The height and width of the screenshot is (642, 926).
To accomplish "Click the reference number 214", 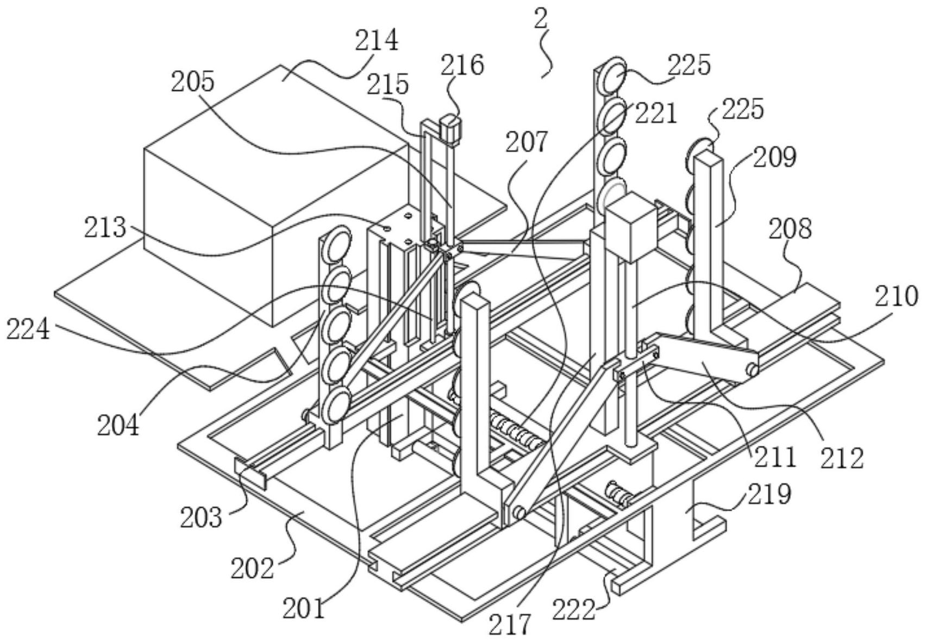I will click(x=377, y=41).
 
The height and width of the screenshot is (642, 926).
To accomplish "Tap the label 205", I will click(x=193, y=83).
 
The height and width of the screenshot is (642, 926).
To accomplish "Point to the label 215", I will click(x=387, y=85).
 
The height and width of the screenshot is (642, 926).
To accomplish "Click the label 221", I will click(x=656, y=114).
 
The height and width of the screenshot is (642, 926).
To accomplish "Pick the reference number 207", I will click(x=527, y=142).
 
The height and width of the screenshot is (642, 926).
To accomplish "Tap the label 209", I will click(x=774, y=157).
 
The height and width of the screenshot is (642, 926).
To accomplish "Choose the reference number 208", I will click(x=790, y=229).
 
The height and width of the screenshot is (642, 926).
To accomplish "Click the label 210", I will click(x=896, y=297).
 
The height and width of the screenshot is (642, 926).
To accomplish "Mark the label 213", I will click(x=105, y=228).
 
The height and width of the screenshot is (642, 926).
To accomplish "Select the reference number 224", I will click(x=28, y=329).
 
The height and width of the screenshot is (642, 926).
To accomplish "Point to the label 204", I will click(x=118, y=425).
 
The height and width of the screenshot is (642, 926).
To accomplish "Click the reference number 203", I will click(x=201, y=517).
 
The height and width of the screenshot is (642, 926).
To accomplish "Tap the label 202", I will click(x=252, y=569).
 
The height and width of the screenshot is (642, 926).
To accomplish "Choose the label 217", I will click(x=509, y=625).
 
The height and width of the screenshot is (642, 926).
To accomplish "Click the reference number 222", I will click(x=573, y=609).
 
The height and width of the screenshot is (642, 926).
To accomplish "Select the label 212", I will click(x=842, y=459).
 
